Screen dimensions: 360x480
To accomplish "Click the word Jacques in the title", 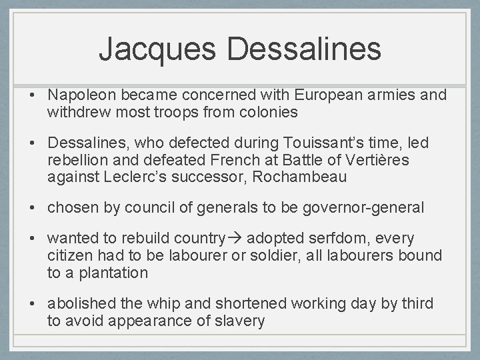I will point(159,49).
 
